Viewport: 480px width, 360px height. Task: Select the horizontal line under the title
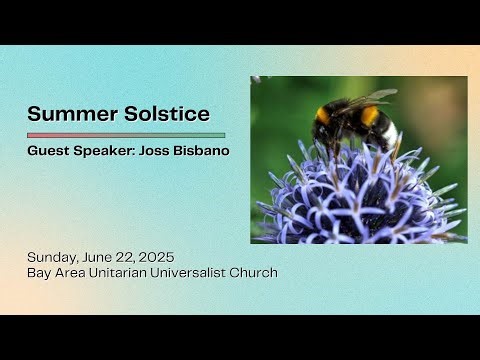point(126,135)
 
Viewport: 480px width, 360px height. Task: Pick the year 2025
point(165,256)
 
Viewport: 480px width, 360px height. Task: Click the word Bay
point(40,272)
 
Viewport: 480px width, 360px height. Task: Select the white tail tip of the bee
point(391,133)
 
